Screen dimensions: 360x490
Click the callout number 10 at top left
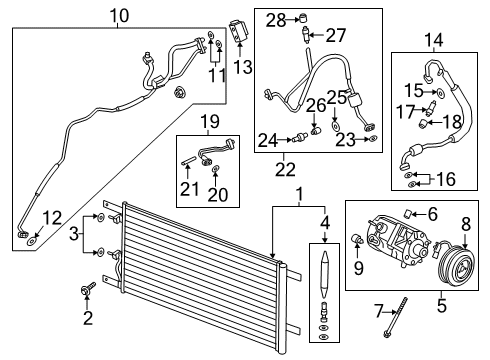click(119, 15)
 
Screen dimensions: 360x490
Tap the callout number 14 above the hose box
click(434, 41)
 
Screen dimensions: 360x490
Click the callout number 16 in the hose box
click(445, 179)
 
